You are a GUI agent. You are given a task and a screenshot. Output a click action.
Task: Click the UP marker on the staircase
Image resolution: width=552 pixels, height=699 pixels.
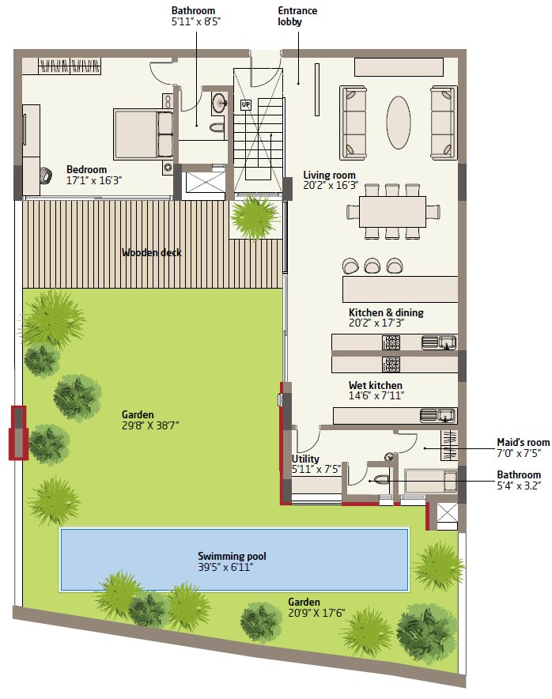point(246,105)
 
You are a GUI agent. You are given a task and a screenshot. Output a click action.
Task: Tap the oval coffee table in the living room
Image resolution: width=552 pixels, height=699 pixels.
point(398,123)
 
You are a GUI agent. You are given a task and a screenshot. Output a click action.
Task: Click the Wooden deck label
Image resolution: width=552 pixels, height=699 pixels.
point(152,253)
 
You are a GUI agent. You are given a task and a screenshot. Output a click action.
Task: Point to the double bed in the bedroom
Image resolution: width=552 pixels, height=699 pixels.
point(143,134)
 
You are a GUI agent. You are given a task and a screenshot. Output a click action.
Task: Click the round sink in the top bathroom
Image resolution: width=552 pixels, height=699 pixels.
point(219,104)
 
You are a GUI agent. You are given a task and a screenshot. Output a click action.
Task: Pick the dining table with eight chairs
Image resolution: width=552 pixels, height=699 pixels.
point(393,211)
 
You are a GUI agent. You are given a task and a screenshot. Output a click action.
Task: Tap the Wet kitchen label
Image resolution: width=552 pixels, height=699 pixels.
point(376,385)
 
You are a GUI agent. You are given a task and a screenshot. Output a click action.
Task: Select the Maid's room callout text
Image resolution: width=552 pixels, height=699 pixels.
point(524,448)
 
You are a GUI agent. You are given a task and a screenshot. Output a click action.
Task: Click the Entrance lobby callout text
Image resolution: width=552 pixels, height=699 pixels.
point(297,16)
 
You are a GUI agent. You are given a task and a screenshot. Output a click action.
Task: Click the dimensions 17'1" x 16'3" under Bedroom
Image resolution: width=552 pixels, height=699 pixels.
point(94,180)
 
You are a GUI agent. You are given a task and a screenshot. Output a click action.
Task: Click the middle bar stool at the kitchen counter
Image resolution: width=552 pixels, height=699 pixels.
point(372,266)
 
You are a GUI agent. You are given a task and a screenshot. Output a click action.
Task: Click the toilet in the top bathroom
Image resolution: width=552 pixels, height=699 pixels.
point(217,127)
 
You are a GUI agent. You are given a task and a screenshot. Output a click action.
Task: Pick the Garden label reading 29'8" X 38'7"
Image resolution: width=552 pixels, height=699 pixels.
point(150,420)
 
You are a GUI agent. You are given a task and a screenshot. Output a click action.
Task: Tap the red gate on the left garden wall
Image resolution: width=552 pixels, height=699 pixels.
point(19,433)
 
